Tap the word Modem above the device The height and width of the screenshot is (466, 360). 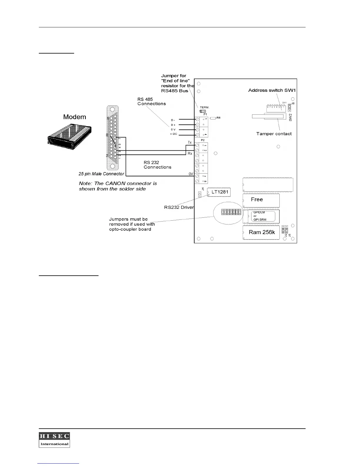[75, 117]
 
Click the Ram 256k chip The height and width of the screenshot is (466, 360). [261, 232]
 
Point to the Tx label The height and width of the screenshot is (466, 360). [190, 142]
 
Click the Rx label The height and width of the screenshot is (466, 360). [190, 154]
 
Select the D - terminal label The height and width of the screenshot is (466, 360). [173, 120]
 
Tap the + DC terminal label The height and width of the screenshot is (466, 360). [174, 134]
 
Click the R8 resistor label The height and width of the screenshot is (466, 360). [219, 118]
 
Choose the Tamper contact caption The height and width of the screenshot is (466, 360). [274, 134]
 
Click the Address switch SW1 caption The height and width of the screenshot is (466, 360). [272, 90]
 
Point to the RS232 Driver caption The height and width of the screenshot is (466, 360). [179, 207]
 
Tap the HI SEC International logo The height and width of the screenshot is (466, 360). [54, 440]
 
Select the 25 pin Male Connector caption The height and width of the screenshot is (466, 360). [101, 174]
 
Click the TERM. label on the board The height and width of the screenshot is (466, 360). [205, 107]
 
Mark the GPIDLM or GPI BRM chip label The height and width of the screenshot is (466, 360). [260, 216]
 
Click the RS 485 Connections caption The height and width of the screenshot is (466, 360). [151, 101]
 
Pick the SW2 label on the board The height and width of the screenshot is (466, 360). [290, 117]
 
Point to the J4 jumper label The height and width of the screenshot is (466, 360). [203, 189]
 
